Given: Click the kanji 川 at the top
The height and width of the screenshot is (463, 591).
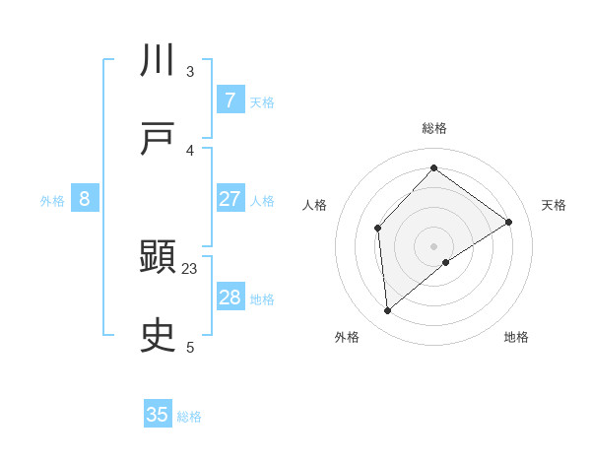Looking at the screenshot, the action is click(x=160, y=60).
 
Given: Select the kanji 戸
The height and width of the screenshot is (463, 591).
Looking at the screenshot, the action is click(x=160, y=139).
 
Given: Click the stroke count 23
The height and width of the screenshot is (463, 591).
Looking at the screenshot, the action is click(x=190, y=268).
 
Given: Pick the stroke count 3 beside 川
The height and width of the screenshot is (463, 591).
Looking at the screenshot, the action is click(x=190, y=71).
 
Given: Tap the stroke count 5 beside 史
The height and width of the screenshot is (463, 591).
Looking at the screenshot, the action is click(x=190, y=347).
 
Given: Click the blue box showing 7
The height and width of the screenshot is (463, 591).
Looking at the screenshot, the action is click(x=230, y=99).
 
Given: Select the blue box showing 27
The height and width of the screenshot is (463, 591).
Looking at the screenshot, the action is click(x=230, y=199).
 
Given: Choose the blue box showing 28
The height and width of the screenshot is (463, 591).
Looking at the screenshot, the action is click(x=230, y=298).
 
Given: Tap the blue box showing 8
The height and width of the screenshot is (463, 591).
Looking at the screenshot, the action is click(x=85, y=199).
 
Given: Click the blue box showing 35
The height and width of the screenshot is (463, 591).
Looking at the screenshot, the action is click(x=158, y=415).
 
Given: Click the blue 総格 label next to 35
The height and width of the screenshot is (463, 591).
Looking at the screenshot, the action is click(x=189, y=417).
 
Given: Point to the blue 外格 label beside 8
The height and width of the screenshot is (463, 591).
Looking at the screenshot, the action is click(x=52, y=201).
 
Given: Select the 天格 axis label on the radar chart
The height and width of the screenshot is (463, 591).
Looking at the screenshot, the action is click(x=554, y=205).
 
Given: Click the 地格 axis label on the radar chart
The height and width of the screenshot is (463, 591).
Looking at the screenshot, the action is click(x=516, y=337).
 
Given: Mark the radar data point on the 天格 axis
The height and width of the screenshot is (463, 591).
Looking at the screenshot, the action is click(x=509, y=222).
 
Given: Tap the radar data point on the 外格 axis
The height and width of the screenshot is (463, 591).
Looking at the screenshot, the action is click(x=388, y=311).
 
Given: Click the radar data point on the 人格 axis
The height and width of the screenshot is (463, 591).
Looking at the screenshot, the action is click(x=377, y=229).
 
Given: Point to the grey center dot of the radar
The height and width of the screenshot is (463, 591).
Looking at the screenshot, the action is click(x=433, y=245).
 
